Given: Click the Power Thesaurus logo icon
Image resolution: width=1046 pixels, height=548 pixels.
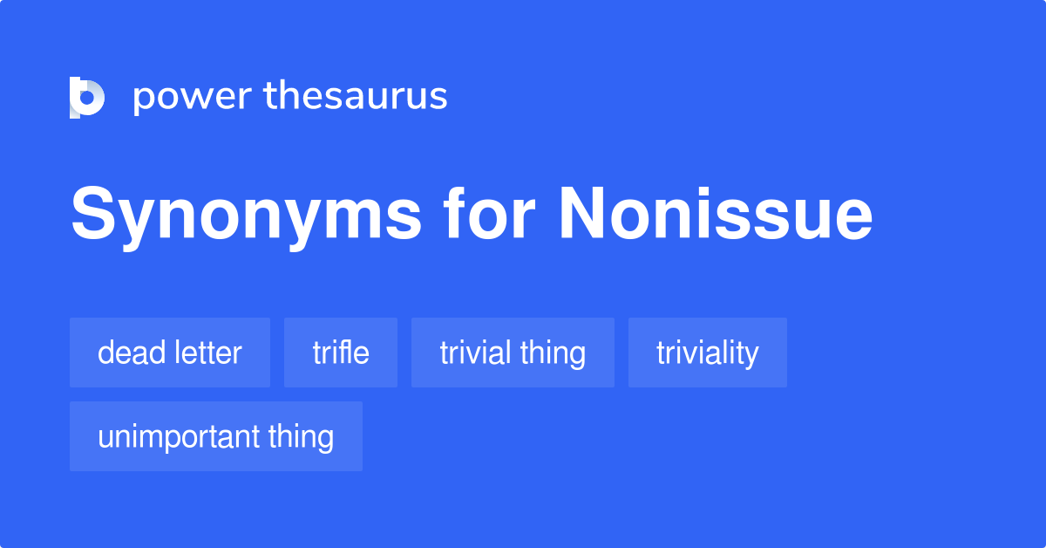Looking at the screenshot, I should tap(87, 97).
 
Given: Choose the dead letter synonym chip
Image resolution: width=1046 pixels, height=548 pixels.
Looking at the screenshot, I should tap(170, 353).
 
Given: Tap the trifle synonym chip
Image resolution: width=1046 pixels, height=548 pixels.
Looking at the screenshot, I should tap(341, 353).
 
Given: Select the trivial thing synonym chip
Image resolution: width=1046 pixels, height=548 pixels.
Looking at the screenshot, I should tap(513, 353).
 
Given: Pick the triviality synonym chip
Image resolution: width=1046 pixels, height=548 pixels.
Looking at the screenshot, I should tap(708, 353).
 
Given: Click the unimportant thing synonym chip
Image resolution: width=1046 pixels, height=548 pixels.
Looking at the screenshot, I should tap(216, 436).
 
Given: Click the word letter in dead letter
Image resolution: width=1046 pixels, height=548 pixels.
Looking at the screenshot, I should tap(208, 353).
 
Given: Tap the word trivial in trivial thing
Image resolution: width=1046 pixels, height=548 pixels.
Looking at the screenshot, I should tap(475, 353).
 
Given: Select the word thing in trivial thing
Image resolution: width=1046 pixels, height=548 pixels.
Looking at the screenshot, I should tap(553, 353).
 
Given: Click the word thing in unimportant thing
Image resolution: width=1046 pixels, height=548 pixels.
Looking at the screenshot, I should tap(301, 436).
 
